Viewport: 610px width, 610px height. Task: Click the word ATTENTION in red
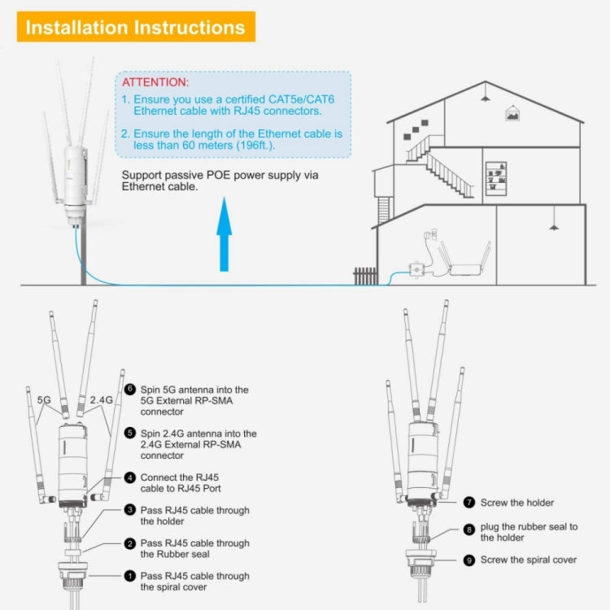(x=155, y=83)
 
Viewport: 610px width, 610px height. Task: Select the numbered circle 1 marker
(x=130, y=577)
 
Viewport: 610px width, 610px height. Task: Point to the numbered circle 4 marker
(x=130, y=477)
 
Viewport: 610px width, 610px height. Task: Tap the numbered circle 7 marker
(x=469, y=503)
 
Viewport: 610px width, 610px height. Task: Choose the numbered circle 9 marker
(x=469, y=560)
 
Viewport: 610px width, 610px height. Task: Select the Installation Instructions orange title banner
(x=135, y=27)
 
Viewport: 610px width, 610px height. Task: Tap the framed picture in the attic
(x=512, y=115)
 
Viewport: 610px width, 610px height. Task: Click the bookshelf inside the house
(x=496, y=180)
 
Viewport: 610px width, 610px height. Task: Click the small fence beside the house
(x=365, y=276)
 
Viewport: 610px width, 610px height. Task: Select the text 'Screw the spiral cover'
(x=529, y=560)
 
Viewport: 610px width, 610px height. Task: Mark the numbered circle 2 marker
(x=130, y=543)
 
